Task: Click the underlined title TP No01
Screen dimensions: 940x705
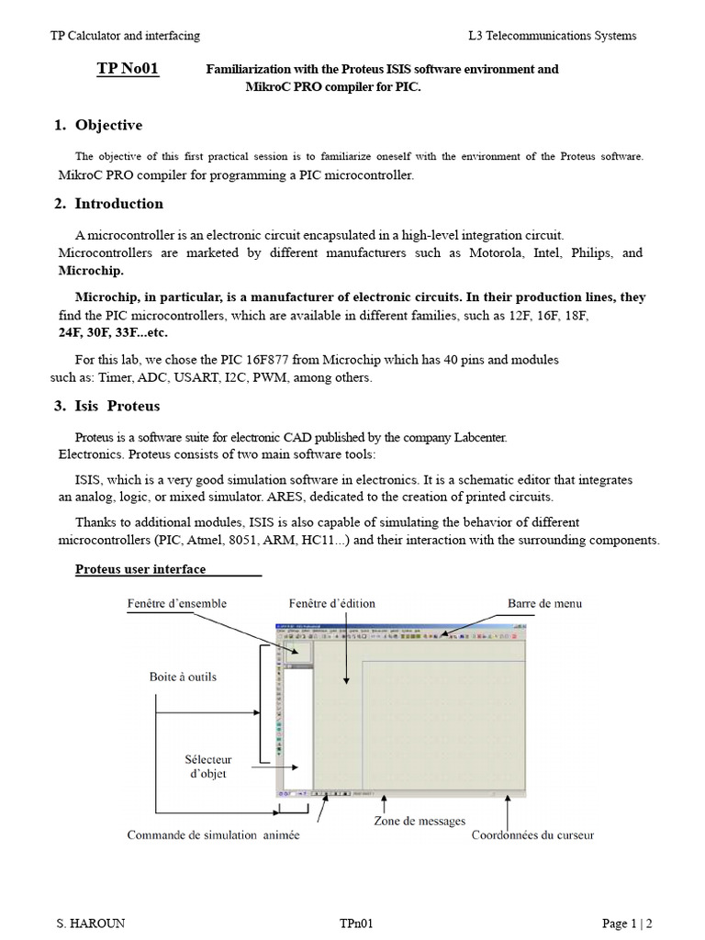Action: click(128, 70)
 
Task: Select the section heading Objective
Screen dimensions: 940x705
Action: click(108, 125)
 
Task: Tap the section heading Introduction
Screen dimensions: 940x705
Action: click(118, 204)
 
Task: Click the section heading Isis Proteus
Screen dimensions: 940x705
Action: click(117, 406)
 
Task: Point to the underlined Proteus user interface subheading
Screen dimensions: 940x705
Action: click(140, 569)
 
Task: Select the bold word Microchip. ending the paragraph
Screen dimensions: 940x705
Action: click(91, 271)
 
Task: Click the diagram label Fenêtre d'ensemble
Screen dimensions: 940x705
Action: click(176, 603)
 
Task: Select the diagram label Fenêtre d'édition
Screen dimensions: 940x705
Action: click(331, 603)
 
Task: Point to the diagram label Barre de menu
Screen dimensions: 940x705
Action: click(544, 603)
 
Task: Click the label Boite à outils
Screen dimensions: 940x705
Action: click(183, 677)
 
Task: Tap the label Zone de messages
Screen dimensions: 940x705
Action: click(419, 821)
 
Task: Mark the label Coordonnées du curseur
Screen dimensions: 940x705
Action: click(532, 835)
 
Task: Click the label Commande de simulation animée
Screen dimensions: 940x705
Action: click(213, 835)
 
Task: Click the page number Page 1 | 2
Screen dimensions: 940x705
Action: click(627, 924)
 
